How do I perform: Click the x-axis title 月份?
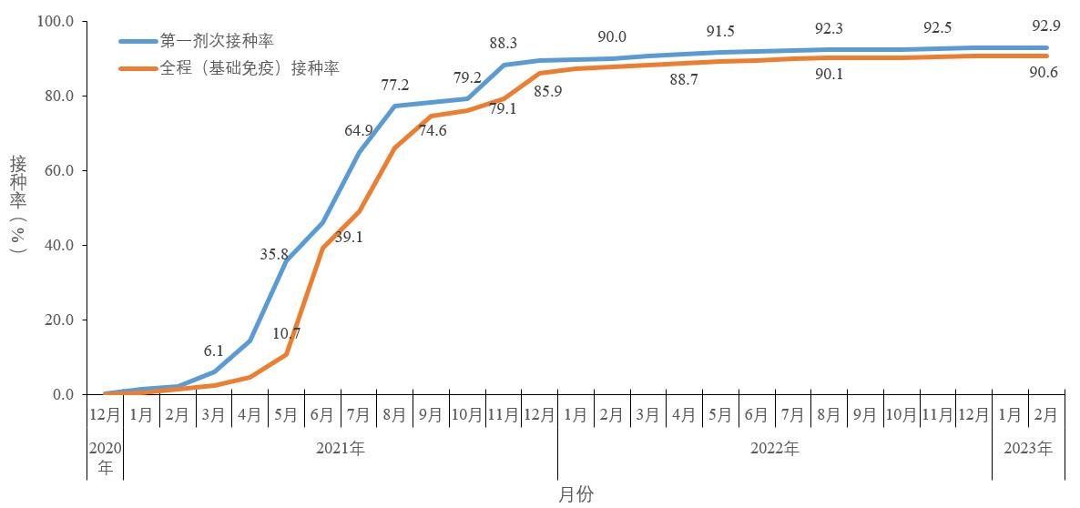point(576,494)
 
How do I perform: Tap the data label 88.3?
point(504,43)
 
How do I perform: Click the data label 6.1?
point(213,351)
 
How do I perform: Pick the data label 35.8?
point(274,254)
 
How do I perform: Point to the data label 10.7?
point(286,333)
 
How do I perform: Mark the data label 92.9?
point(1044,25)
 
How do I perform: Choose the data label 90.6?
point(1044,74)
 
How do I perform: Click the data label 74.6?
point(433,130)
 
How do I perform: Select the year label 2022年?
point(774,448)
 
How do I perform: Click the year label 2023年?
point(1027,448)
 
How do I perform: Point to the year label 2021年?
point(340,448)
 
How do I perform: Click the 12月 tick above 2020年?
point(105,415)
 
